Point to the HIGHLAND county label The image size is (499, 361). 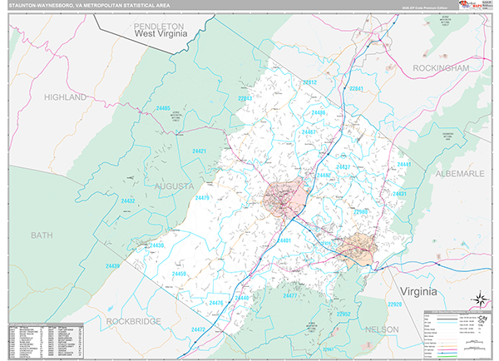(66, 97)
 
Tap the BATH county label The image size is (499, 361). (42, 235)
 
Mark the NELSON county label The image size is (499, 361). (382, 329)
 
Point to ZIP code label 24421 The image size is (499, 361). (199, 151)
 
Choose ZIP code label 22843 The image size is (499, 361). (245, 99)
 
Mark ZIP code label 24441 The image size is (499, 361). (404, 166)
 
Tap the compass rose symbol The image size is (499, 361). (480, 300)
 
